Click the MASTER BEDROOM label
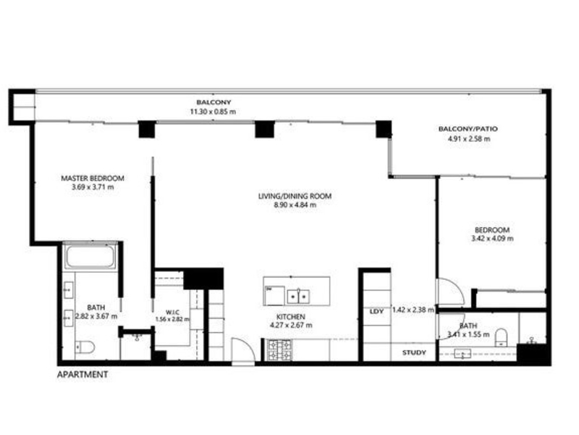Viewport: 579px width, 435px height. pyautogui.click(x=93, y=178)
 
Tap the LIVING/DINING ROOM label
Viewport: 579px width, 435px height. pyautogui.click(x=295, y=196)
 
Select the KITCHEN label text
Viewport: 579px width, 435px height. pyautogui.click(x=291, y=317)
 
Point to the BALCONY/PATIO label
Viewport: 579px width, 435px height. pyautogui.click(x=468, y=129)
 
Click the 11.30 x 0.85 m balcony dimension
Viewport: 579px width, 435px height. pyautogui.click(x=213, y=112)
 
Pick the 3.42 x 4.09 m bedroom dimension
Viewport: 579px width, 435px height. pyautogui.click(x=492, y=239)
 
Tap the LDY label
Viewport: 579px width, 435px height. pyautogui.click(x=376, y=312)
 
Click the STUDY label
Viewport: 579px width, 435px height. pyautogui.click(x=414, y=352)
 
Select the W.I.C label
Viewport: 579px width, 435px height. pyautogui.click(x=172, y=312)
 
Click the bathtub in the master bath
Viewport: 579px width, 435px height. pyautogui.click(x=90, y=256)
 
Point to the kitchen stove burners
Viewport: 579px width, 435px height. pyautogui.click(x=280, y=350)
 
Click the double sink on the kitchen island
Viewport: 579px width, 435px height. pyautogui.click(x=298, y=297)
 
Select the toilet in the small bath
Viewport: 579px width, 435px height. pyautogui.click(x=502, y=337)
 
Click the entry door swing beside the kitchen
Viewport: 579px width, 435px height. pyautogui.click(x=243, y=352)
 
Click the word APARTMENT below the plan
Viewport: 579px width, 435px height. pyautogui.click(x=83, y=375)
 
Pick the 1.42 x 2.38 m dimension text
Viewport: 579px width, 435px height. pyautogui.click(x=413, y=310)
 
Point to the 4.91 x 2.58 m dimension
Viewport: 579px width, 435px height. pyautogui.click(x=469, y=139)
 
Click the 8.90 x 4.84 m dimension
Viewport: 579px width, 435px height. pyautogui.click(x=295, y=205)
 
